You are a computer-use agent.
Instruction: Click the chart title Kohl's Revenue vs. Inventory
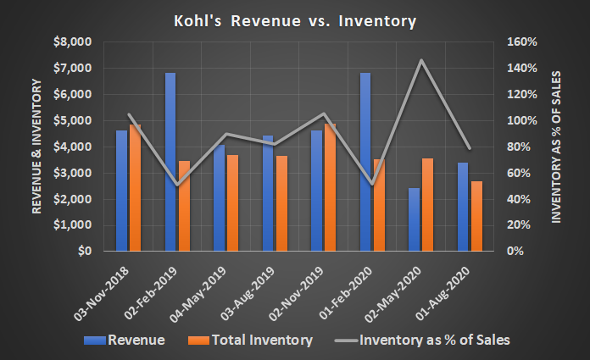pyautogui.click(x=294, y=21)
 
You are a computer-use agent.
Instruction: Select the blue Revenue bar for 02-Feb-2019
pyautogui.click(x=170, y=162)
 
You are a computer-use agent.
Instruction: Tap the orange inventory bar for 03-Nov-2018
pyautogui.click(x=136, y=188)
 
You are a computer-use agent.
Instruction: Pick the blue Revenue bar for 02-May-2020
pyautogui.click(x=414, y=219)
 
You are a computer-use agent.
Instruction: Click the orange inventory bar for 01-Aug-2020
pyautogui.click(x=476, y=216)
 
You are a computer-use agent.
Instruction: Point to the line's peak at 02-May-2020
pyautogui.click(x=420, y=60)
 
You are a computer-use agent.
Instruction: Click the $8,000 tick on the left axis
pyautogui.click(x=72, y=42)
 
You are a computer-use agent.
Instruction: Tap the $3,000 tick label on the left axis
pyautogui.click(x=72, y=173)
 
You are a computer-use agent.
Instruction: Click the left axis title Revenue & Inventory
pyautogui.click(x=38, y=146)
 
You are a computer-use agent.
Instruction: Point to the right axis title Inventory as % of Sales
pyautogui.click(x=557, y=146)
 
